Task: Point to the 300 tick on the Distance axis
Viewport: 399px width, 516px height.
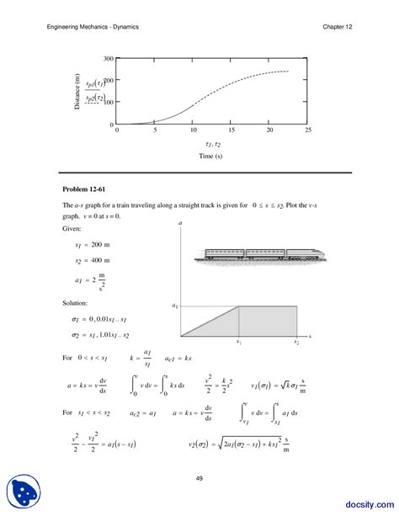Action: pyautogui.click(x=108, y=59)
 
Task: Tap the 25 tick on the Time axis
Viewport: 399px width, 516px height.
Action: pyautogui.click(x=308, y=130)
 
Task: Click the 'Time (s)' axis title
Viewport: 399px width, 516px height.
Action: pyautogui.click(x=211, y=157)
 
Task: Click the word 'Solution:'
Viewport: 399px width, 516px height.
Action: pyautogui.click(x=77, y=302)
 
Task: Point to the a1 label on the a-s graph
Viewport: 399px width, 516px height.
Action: pyautogui.click(x=175, y=306)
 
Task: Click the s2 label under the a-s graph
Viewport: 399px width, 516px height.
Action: pyautogui.click(x=296, y=343)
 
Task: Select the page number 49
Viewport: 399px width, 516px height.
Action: pyautogui.click(x=199, y=478)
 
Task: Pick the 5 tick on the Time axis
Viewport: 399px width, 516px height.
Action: pyautogui.click(x=155, y=130)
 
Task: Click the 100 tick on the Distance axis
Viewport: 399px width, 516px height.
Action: pyautogui.click(x=108, y=103)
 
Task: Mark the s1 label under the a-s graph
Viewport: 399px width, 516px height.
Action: pyautogui.click(x=239, y=343)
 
